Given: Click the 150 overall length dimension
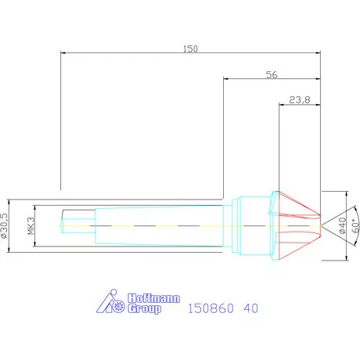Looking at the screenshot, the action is click(x=190, y=49).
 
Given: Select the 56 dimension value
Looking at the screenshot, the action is click(x=272, y=75).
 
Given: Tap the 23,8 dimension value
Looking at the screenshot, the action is click(x=300, y=99).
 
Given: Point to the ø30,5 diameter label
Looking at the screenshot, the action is click(x=5, y=225).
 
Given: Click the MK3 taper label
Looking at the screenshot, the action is click(x=31, y=226).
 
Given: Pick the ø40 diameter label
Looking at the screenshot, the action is click(x=342, y=225).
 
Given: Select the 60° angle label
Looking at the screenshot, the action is click(x=355, y=226).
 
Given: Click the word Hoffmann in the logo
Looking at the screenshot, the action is click(x=153, y=298).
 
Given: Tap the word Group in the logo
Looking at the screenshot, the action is click(x=144, y=308).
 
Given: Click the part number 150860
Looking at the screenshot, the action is click(x=211, y=308).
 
